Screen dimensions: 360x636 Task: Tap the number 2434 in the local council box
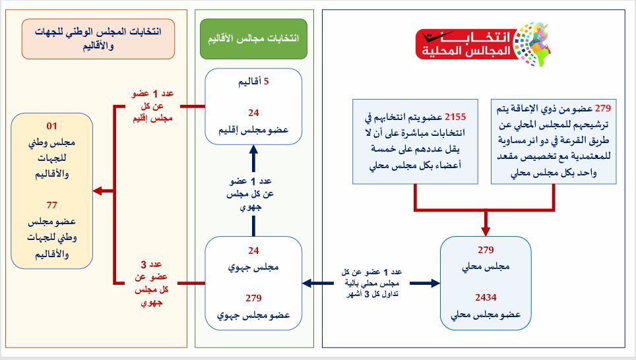click(486, 297)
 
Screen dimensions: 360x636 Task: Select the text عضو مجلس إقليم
click(253, 131)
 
